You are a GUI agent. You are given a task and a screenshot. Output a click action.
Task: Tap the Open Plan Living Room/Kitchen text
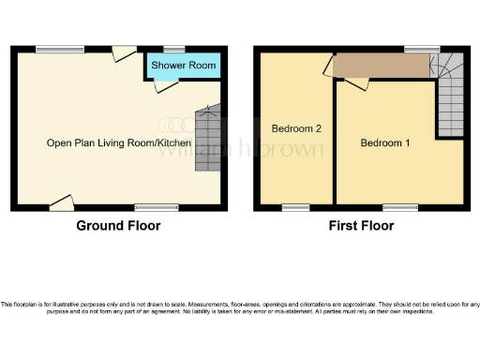click(x=119, y=143)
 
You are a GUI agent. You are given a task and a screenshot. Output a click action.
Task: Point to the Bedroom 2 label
click(x=296, y=127)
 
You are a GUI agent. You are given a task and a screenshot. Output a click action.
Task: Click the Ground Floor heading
click(x=118, y=226)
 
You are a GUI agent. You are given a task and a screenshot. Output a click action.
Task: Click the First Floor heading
click(x=361, y=226)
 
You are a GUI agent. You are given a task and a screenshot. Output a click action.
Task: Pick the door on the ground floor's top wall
click(x=122, y=54)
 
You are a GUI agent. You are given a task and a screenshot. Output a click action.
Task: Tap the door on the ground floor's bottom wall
click(x=62, y=201)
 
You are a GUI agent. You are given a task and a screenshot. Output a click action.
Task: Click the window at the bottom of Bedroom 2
click(x=296, y=206)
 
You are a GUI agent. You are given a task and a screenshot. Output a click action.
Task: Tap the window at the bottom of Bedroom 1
click(x=399, y=206)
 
